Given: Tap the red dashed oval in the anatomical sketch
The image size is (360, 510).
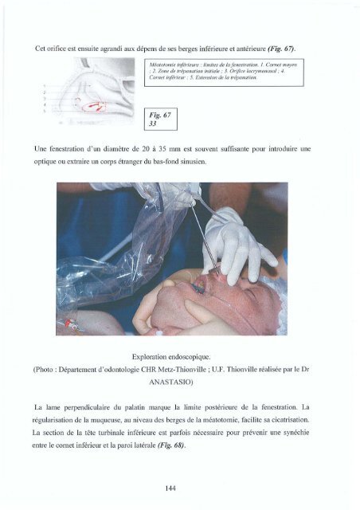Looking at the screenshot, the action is pos(100,107).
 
